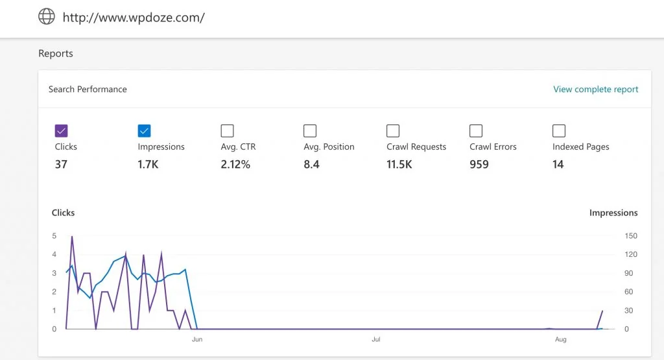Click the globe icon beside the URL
47,17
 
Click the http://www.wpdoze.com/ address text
134,18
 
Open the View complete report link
595,90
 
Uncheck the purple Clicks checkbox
62,131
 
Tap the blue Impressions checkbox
144,131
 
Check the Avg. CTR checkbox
227,131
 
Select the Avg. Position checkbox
310,131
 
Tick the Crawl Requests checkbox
393,131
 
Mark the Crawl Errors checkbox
476,131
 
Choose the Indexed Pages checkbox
559,131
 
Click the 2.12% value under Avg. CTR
235,165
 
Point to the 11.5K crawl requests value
399,165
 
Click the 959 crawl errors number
479,165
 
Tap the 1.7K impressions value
148,165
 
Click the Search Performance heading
88,90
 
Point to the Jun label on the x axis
197,339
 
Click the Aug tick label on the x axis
561,339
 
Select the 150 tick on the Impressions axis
631,235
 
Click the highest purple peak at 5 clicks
72,237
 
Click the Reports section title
56,54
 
